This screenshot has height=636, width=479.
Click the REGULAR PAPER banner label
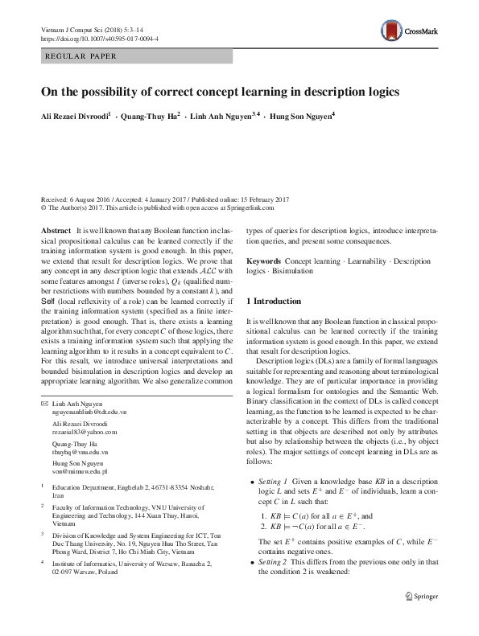[x=81, y=56]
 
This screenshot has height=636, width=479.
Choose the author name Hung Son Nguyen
[x=302, y=117]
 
